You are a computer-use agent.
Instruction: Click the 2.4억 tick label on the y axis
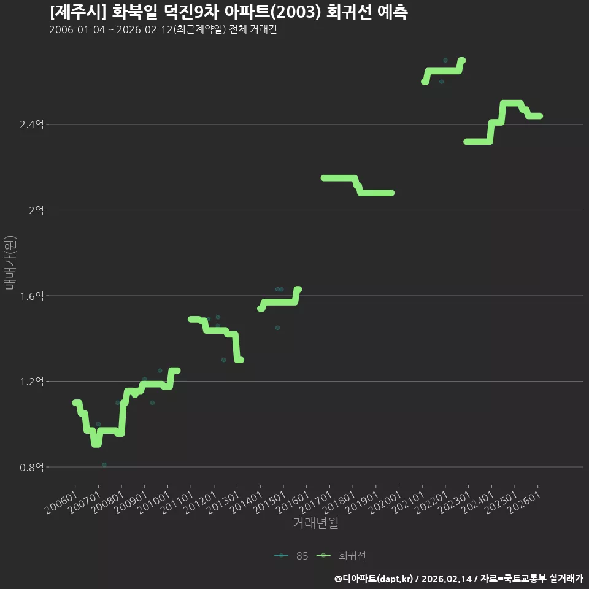click(x=31, y=125)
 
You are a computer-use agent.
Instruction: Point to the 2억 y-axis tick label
click(x=36, y=210)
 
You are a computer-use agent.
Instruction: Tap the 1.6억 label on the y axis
click(x=31, y=296)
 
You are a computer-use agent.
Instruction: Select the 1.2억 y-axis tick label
click(x=31, y=382)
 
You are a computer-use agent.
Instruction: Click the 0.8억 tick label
click(x=31, y=468)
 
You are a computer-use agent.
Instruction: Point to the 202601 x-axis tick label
click(x=524, y=502)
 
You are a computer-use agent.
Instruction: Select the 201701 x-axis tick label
click(x=315, y=502)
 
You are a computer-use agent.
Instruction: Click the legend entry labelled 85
click(x=291, y=556)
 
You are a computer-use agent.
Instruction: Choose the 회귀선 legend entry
click(x=341, y=556)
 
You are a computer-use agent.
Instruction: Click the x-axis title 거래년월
click(x=315, y=523)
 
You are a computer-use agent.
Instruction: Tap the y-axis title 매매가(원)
click(x=10, y=263)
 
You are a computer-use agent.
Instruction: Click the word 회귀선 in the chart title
click(x=348, y=12)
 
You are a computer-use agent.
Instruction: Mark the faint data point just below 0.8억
click(x=104, y=464)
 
